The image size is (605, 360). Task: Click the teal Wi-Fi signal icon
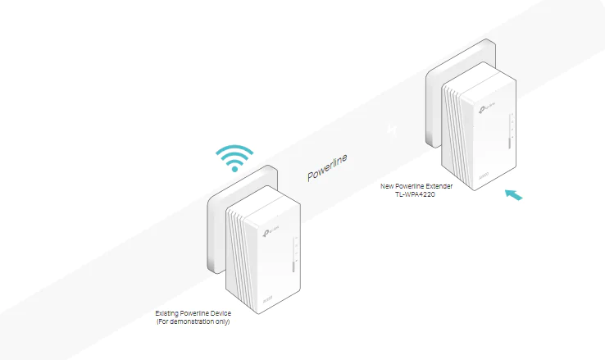234,157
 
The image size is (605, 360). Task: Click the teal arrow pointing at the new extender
513,194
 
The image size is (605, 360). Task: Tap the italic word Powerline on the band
327,168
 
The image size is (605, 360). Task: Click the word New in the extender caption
388,186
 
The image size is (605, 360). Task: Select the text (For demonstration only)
193,321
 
